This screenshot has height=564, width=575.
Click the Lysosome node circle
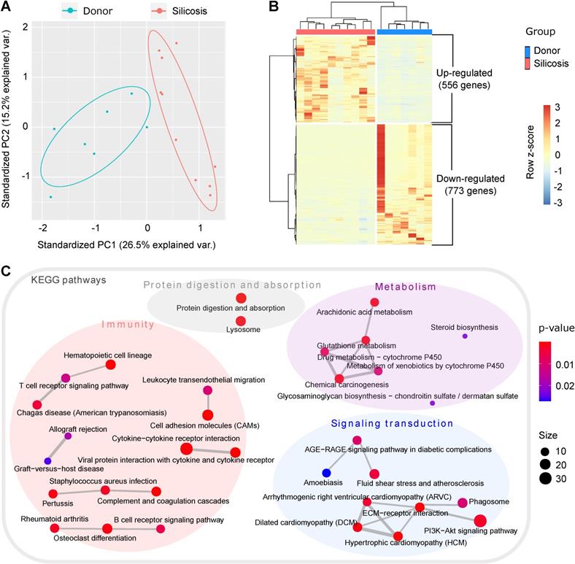click(241, 320)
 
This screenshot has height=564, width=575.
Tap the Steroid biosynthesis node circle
click(465, 336)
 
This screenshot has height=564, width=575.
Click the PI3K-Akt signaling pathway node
click(479, 520)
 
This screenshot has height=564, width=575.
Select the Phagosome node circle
click(463, 503)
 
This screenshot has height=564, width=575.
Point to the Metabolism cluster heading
click(405, 287)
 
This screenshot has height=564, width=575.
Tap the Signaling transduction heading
click(392, 423)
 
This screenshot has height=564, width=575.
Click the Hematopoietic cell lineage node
click(111, 364)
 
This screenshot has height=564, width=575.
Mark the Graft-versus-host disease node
click(47, 460)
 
